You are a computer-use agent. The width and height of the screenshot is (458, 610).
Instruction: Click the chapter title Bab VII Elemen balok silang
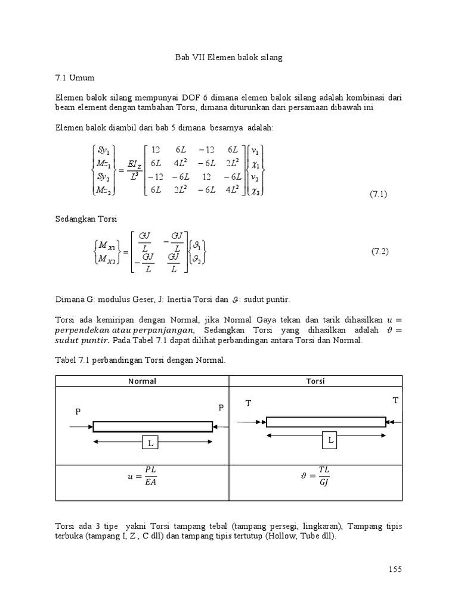pyautogui.click(x=228, y=58)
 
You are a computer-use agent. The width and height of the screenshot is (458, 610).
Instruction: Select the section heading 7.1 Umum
pyautogui.click(x=75, y=77)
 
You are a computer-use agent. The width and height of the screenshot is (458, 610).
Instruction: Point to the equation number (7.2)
pyautogui.click(x=380, y=251)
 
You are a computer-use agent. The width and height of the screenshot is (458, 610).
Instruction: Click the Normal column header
pyautogui.click(x=142, y=381)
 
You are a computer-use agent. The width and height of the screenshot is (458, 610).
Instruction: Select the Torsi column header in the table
pyautogui.click(x=316, y=381)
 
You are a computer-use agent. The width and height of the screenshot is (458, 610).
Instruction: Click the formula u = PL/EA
pyautogui.click(x=142, y=477)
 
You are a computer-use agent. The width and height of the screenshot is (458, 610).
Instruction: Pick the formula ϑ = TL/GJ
pyautogui.click(x=316, y=477)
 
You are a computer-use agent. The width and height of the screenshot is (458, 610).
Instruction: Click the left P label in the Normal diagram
pyautogui.click(x=77, y=412)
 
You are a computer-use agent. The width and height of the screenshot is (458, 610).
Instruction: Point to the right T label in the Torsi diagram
pyautogui.click(x=395, y=400)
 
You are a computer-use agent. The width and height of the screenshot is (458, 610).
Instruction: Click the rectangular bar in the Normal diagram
pyautogui.click(x=153, y=426)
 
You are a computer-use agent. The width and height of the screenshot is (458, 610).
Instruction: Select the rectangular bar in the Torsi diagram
pyautogui.click(x=326, y=422)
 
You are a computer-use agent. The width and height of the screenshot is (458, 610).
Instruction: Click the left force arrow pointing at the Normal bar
pyautogui.click(x=81, y=427)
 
